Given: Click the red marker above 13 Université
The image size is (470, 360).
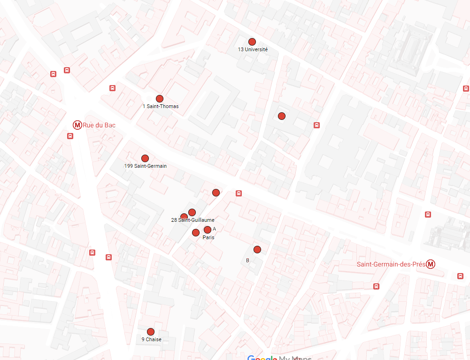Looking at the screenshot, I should pos(252,42).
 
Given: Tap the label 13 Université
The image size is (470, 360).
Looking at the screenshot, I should pos(253,49).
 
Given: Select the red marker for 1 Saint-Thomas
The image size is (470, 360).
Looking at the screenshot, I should pos(160,99).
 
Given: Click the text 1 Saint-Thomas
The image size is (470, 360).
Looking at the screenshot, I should pos(161,106).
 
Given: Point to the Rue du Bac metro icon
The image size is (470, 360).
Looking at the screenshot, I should pos(77,125).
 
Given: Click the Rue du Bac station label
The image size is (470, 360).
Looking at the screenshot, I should pos(99,125).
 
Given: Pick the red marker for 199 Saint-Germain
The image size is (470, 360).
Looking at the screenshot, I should pos(145,158).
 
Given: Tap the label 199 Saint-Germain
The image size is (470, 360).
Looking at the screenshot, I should pos(146,166).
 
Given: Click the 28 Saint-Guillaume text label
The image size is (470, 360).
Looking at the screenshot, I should pos(193,220).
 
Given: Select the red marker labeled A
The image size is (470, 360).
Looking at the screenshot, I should pos(208,230).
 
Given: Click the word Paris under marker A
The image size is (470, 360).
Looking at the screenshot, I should pos(208,238).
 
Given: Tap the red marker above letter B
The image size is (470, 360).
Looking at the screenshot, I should pos(257,250).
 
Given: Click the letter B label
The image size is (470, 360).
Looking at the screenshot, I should pos(247,260).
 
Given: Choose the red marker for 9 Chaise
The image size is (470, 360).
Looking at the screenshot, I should pos(151,332).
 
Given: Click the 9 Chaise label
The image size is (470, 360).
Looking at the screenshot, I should pos(151,339).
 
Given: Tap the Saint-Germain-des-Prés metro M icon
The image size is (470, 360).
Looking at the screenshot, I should pos(431,264).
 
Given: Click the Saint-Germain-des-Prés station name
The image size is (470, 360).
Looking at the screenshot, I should pos(391,264).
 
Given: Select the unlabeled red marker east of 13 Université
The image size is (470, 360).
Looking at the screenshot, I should pos(282,116).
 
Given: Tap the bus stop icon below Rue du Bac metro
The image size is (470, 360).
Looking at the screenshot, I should pos(70,136).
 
